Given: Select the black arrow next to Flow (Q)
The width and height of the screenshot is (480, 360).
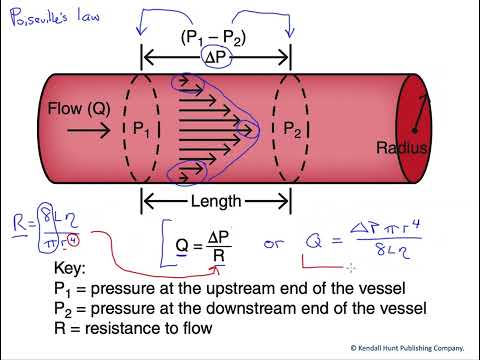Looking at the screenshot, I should (70, 127).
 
